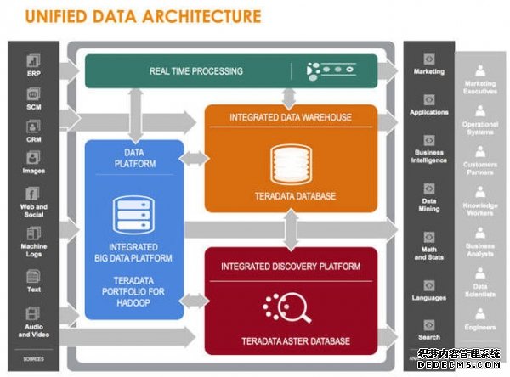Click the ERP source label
(x=34, y=74)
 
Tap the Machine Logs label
(x=34, y=250)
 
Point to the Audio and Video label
(x=34, y=329)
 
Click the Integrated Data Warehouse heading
(x=291, y=116)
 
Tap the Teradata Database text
(x=291, y=196)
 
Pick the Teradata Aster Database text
(x=295, y=341)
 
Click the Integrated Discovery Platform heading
(x=291, y=267)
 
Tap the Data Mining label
(x=429, y=205)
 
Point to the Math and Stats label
(x=429, y=253)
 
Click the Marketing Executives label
(x=480, y=88)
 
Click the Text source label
(x=34, y=290)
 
